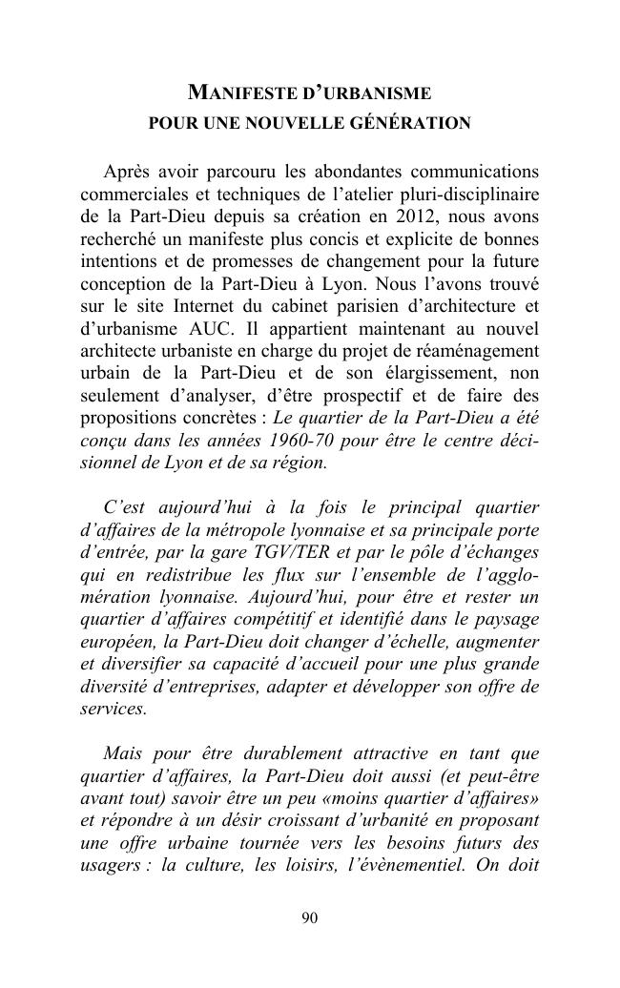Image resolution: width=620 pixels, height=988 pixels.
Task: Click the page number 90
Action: tap(309, 917)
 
